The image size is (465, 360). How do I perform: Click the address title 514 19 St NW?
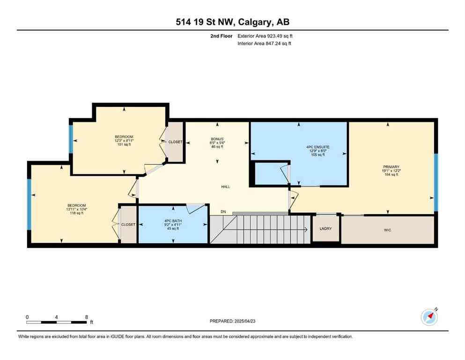tap(232, 22)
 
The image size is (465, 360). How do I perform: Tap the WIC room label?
tap(387, 230)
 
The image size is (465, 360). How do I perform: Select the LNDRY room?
tap(325, 229)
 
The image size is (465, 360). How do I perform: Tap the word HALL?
tap(226, 187)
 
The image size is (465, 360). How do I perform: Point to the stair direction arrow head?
tap(305, 229)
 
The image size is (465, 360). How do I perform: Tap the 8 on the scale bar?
tap(87, 317)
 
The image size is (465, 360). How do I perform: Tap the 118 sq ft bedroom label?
tap(76, 209)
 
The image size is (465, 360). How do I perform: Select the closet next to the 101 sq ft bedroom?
tap(175, 142)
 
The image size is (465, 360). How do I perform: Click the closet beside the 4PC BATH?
tap(128, 225)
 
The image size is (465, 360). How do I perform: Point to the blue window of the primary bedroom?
tap(435, 182)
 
